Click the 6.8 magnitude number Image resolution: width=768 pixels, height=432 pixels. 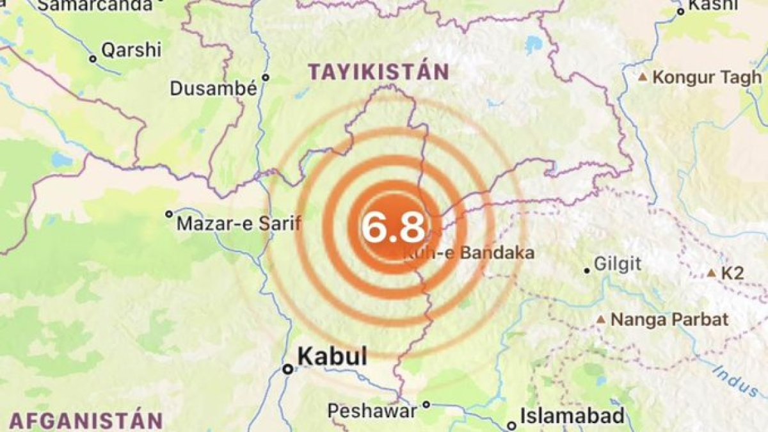click(x=394, y=228)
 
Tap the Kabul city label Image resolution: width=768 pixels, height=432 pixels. click(x=332, y=356)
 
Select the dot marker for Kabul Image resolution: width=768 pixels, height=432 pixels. click(x=289, y=369)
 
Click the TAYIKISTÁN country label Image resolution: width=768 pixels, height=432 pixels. click(x=378, y=72)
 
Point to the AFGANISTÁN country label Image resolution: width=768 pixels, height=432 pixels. click(x=86, y=421)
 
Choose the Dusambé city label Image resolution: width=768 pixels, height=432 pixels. click(x=213, y=88)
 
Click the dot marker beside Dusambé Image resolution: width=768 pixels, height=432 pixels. click(x=266, y=77)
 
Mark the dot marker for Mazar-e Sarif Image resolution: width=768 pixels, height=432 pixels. click(x=169, y=214)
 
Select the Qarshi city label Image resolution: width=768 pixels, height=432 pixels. click(x=131, y=50)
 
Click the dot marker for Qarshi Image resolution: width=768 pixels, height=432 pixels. click(x=93, y=59)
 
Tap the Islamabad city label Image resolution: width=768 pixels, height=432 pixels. click(x=572, y=417)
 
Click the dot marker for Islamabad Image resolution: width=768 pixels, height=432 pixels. click(x=511, y=426)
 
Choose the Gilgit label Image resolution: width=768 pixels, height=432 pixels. click(x=618, y=264)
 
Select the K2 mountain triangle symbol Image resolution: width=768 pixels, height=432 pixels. click(x=711, y=273)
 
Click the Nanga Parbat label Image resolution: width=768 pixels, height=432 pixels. click(x=669, y=319)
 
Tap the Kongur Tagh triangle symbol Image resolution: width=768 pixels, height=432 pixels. click(x=643, y=77)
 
